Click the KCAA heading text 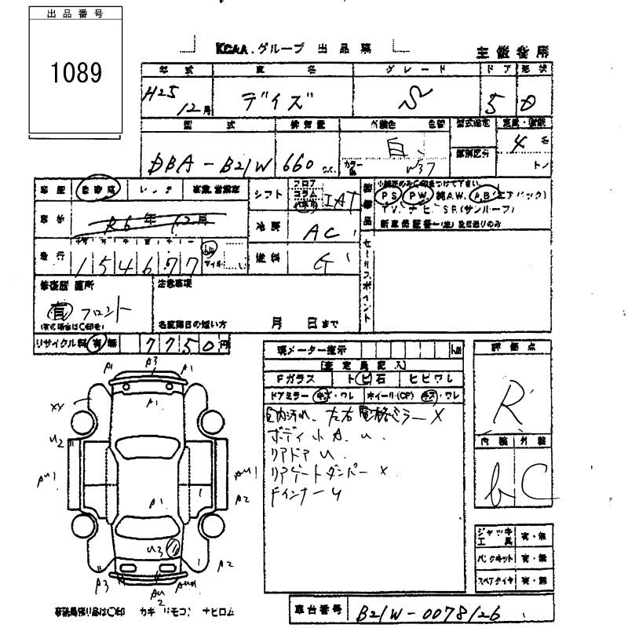click(x=232, y=49)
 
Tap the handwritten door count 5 click(x=495, y=103)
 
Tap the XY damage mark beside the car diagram click(x=56, y=406)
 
